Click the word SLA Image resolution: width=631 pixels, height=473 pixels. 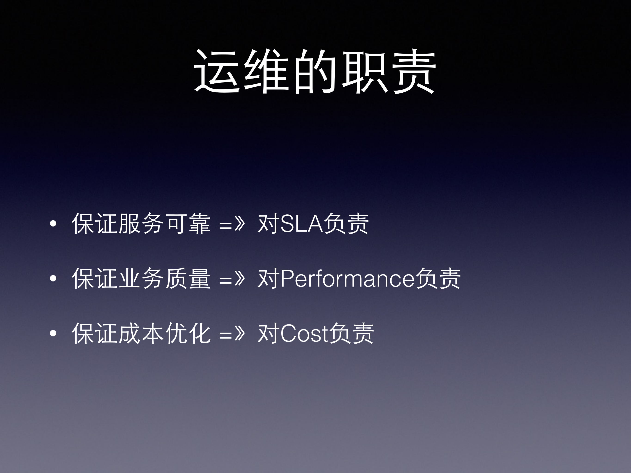[302, 224]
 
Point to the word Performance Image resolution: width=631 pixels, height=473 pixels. [347, 279]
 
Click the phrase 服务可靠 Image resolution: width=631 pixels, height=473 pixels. [164, 224]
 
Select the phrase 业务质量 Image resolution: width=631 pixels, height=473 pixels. [164, 279]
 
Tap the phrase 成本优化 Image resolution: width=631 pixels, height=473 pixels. [164, 334]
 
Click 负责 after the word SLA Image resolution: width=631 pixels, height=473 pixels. [346, 224]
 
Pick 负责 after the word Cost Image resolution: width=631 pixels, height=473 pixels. [351, 334]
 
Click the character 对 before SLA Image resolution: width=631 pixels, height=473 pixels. [268, 224]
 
